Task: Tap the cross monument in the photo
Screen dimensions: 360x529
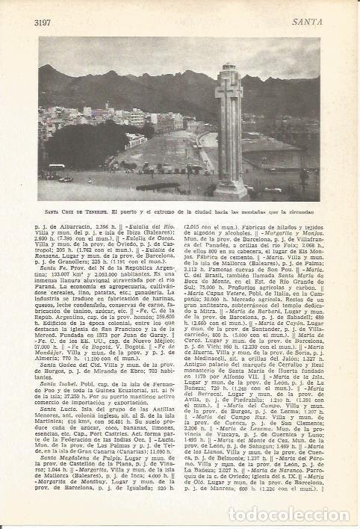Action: [x=229, y=134]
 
